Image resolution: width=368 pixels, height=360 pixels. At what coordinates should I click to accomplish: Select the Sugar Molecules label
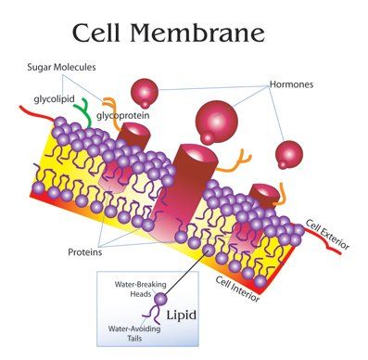pos(61,67)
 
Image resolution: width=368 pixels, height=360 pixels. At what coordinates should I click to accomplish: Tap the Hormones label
pos(291,84)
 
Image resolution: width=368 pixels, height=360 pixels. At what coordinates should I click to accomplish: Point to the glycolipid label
pos(55,99)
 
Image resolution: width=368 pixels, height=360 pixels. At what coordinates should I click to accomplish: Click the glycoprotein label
pos(123,116)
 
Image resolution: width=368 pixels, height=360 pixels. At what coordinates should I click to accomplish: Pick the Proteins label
pos(85,252)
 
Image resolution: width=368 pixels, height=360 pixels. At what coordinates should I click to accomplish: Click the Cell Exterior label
pos(327,234)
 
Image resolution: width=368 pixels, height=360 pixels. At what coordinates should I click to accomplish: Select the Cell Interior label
pos(237,289)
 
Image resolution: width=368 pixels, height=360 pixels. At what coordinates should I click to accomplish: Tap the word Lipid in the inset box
pos(182,315)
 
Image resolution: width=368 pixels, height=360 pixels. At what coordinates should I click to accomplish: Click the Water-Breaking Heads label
pos(141,289)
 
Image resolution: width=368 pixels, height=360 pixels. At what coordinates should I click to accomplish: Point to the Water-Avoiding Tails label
pos(134,333)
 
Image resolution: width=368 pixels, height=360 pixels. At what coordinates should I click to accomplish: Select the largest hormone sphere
pos(216,122)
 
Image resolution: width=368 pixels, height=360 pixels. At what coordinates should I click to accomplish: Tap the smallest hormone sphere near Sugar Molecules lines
pos(145,93)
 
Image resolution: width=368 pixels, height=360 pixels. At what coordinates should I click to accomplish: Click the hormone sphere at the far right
pos(289,155)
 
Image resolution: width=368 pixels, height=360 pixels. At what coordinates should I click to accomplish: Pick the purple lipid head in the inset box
pos(160,299)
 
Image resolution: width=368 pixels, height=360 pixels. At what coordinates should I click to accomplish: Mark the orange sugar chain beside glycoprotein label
pos(112,113)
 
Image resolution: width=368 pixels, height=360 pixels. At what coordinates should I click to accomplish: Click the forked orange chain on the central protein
pos(234,164)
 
